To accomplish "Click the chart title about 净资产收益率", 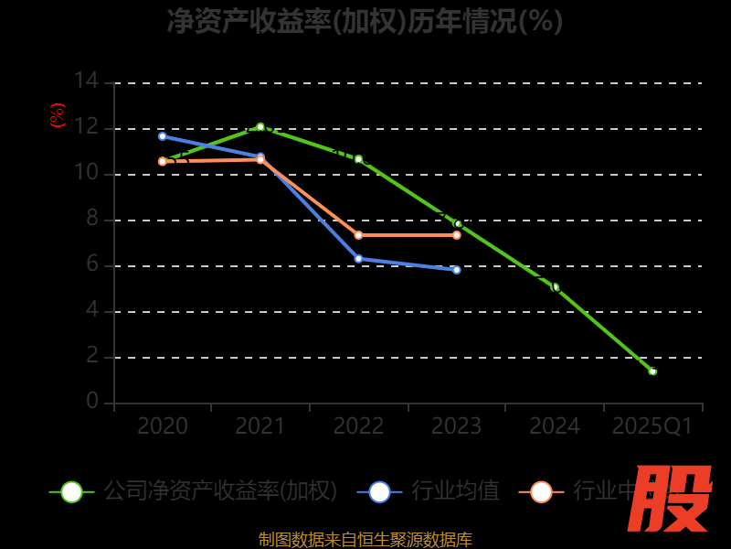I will [365, 20].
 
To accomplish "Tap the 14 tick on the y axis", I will [86, 81].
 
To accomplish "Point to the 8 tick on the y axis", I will [91, 219].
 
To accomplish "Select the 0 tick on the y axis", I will [91, 402].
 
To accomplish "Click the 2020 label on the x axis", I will [163, 426].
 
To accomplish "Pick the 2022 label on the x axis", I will [358, 426].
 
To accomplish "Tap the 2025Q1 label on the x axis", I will [652, 426].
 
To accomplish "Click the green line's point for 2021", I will [260, 127].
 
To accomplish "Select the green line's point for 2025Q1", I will [652, 371].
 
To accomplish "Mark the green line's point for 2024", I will [555, 287].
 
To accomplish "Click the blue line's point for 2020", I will [163, 136].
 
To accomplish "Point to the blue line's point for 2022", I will [358, 258].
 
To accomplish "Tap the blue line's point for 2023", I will [457, 270].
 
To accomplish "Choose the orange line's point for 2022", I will [358, 235].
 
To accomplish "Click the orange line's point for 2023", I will [457, 235].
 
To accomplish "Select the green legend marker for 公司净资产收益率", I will [71, 491].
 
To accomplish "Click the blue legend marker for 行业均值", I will [379, 491].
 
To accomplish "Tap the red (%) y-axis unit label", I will [58, 115].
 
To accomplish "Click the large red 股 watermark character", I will [672, 499].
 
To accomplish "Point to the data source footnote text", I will [365, 539].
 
